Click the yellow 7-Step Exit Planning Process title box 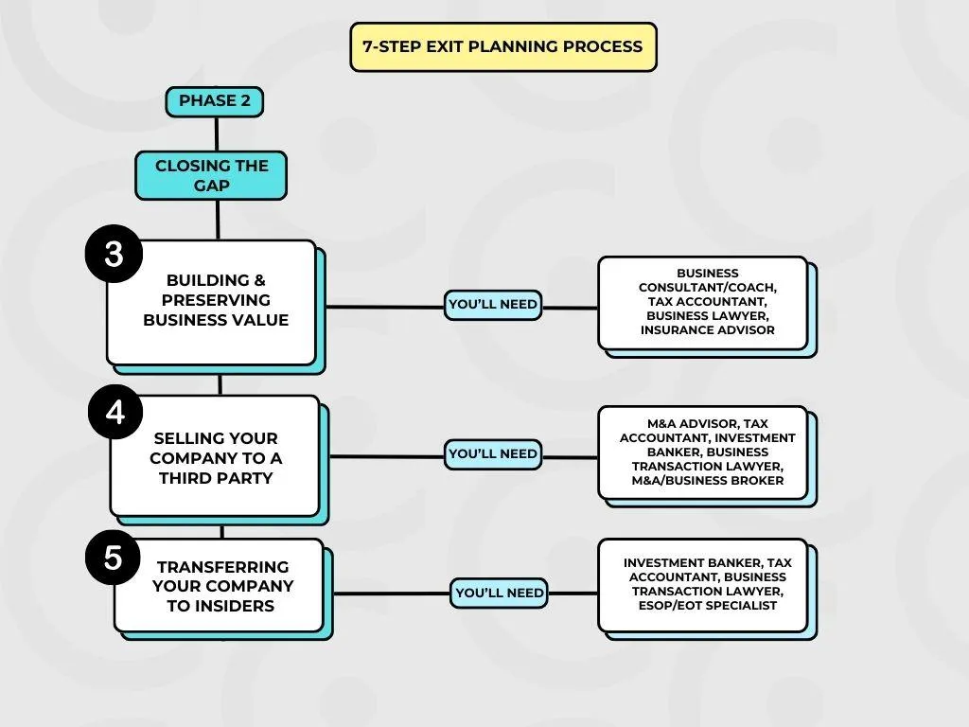click(503, 47)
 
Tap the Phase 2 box click(215, 101)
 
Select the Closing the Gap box click(211, 175)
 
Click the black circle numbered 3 click(114, 254)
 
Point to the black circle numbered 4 click(115, 412)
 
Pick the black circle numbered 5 click(113, 557)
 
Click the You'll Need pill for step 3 click(493, 305)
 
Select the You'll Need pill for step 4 click(493, 454)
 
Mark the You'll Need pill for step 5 click(500, 594)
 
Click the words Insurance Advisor click(708, 330)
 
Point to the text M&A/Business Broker click(708, 480)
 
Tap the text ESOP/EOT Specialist click(708, 605)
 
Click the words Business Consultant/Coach click(708, 280)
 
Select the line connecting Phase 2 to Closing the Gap click(217, 134)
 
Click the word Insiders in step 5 click(238, 606)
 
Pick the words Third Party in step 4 click(216, 478)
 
